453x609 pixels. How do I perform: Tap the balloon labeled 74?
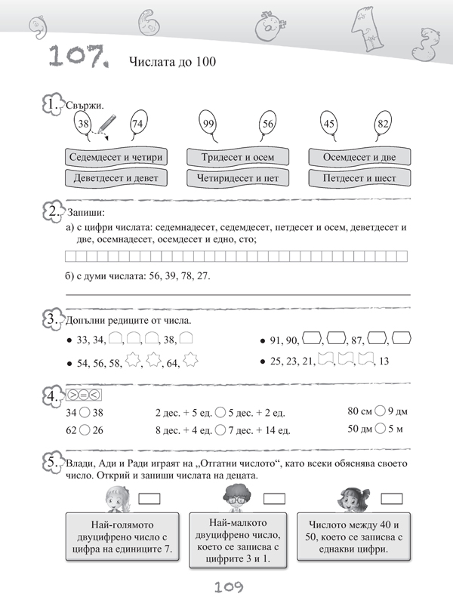137,123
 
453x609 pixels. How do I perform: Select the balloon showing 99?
209,123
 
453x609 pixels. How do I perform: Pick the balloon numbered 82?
383,123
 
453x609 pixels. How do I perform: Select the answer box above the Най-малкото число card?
274,498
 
